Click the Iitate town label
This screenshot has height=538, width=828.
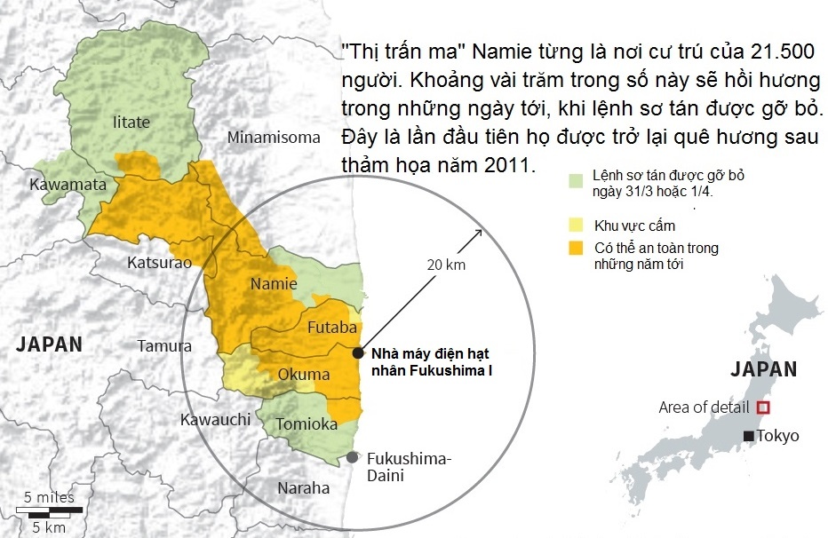[x=131, y=122]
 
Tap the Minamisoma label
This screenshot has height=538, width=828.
[x=273, y=137]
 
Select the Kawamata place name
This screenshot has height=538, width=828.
[x=68, y=185]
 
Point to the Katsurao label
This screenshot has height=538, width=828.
[x=159, y=263]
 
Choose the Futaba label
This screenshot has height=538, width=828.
[x=331, y=328]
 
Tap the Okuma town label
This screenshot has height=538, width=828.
[x=304, y=375]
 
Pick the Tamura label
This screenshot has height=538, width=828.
[x=164, y=345]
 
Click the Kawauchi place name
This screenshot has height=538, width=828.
[x=215, y=419]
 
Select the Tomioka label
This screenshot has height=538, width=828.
[x=307, y=424]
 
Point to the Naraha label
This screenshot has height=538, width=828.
[x=303, y=487]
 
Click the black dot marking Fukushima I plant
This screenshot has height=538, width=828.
[x=357, y=352]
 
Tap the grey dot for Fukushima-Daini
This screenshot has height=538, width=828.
[x=353, y=457]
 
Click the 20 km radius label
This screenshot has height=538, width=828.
[x=445, y=264]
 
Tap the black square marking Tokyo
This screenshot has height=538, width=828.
[x=749, y=436]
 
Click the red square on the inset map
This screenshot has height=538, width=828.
[x=762, y=407]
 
